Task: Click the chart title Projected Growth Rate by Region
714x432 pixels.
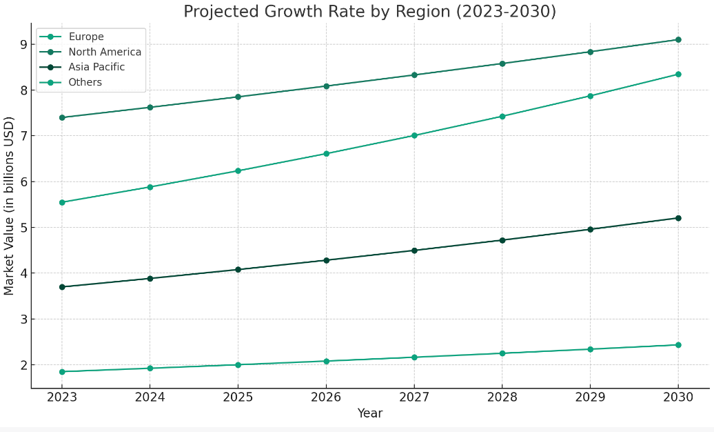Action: point(369,12)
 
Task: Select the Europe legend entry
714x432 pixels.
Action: point(86,37)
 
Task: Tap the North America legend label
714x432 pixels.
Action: point(105,52)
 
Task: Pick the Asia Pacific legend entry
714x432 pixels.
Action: point(96,68)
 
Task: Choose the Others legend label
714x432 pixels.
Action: point(85,83)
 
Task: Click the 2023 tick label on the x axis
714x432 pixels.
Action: point(62,397)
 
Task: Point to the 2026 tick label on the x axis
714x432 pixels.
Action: point(326,397)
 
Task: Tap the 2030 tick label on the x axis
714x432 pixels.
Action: point(677,397)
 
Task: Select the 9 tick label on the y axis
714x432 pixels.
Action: point(23,45)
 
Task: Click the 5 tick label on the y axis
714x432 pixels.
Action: point(23,228)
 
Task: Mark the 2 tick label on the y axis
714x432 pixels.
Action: point(23,365)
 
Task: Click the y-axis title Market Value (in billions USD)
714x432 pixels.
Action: point(10,206)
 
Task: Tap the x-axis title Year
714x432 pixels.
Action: point(369,414)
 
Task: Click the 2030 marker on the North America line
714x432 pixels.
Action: point(678,39)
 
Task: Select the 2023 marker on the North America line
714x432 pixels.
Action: point(62,117)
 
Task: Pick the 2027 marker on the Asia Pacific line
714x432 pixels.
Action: point(414,251)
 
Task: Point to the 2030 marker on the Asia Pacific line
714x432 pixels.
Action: point(678,218)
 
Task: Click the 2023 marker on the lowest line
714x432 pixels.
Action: point(62,372)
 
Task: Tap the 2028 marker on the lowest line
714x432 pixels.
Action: point(502,353)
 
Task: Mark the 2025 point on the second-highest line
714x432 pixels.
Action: point(238,170)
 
